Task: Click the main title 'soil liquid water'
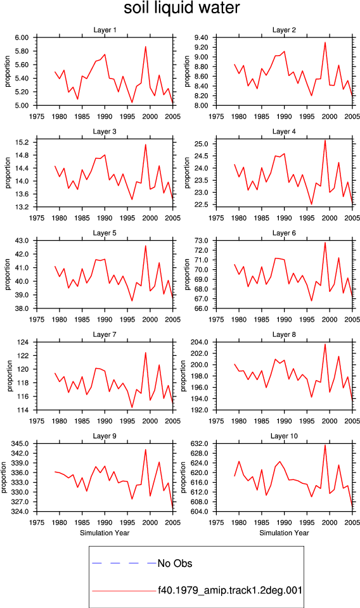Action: [x=181, y=8]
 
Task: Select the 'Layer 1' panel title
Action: [x=105, y=30]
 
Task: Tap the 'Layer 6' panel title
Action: [x=284, y=233]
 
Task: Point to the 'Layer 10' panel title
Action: [x=284, y=436]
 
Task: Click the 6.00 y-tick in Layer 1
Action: [x=22, y=37]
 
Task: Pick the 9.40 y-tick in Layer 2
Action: [x=202, y=37]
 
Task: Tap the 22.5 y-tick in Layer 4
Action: [x=202, y=205]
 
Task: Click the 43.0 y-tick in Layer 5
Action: [x=22, y=241]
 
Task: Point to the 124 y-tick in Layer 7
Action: [x=23, y=343]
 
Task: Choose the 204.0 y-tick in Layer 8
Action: [x=200, y=343]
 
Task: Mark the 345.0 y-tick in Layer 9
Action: [x=21, y=443]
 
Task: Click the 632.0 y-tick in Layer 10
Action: [x=200, y=443]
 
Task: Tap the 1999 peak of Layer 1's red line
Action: [x=146, y=46]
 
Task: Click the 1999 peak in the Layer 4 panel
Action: [x=325, y=141]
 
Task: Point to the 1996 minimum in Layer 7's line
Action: [x=132, y=407]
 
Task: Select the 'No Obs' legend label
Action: [x=175, y=564]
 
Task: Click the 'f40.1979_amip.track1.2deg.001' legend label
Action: [x=230, y=591]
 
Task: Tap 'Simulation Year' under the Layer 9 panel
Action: [x=105, y=533]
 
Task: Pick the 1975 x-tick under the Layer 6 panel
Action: [x=216, y=320]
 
